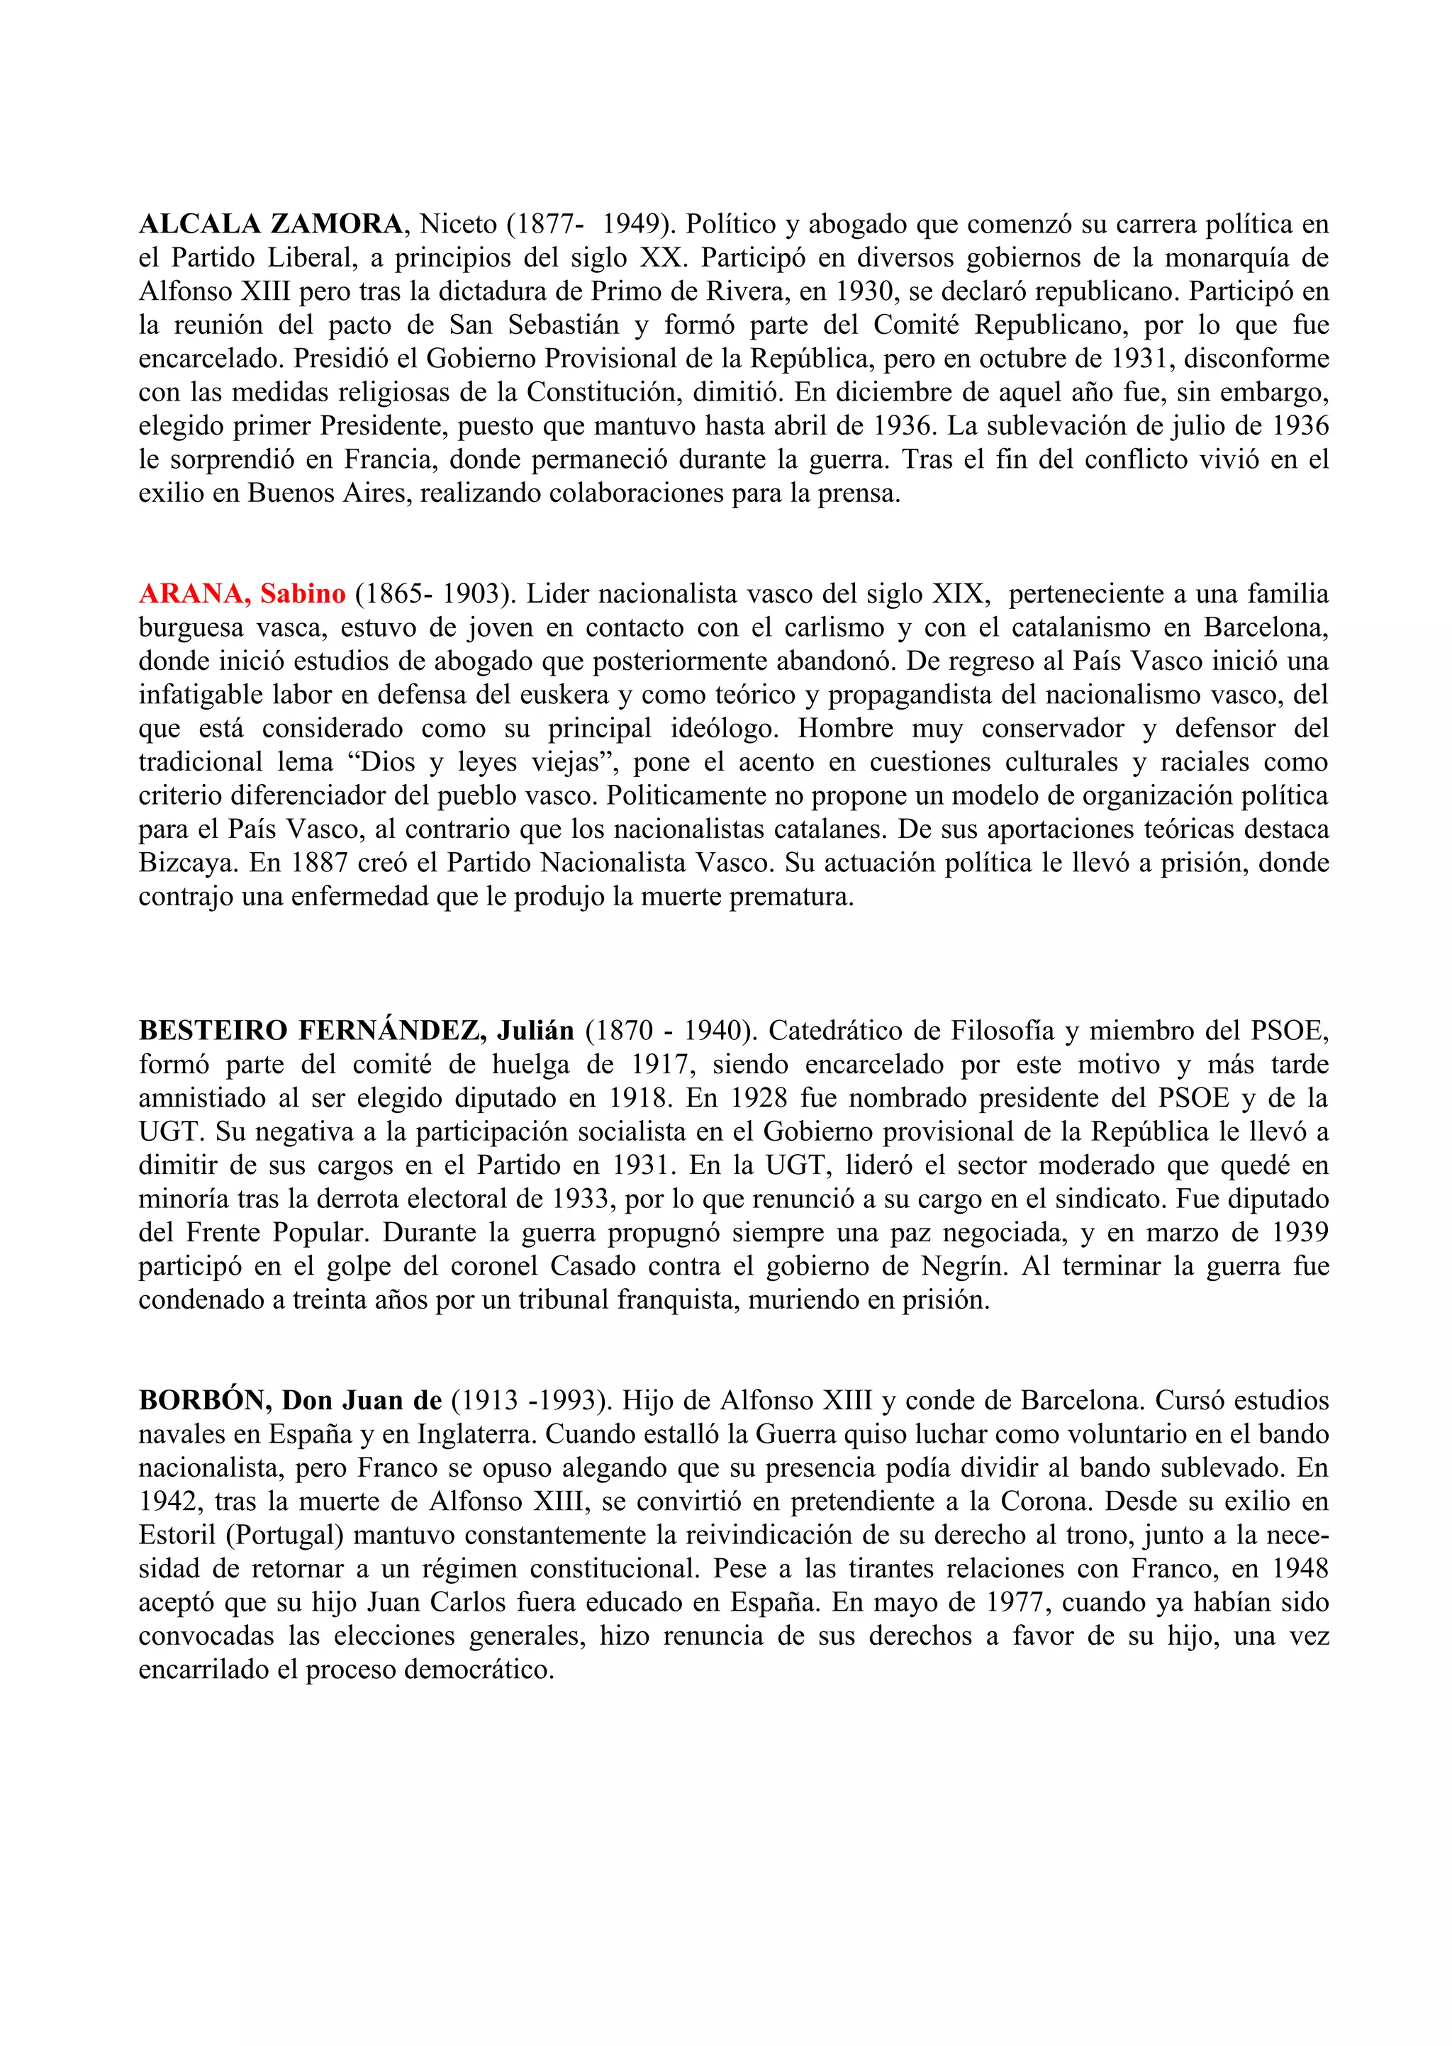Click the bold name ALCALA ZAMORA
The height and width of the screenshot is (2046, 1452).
click(x=271, y=223)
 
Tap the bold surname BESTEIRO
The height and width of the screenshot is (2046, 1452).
click(x=212, y=1031)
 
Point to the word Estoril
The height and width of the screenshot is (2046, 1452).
click(x=177, y=1535)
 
